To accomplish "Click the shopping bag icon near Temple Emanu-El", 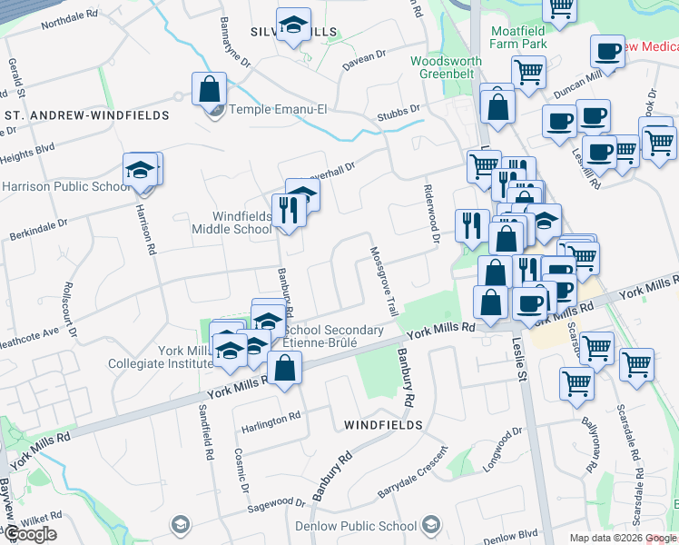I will coord(209,91).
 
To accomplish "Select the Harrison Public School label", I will coord(65,187).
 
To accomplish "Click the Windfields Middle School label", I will coord(230,223).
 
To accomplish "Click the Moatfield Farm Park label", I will coord(518,37).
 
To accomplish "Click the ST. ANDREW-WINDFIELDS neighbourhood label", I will coord(86,115).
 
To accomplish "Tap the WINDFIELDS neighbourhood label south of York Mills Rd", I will coord(383,424).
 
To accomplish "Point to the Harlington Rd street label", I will coord(270,417).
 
